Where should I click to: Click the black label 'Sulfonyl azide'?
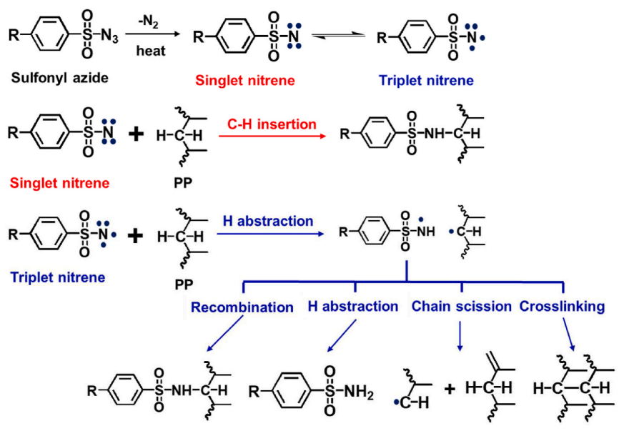coord(59,78)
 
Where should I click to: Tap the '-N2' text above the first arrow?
coord(149,21)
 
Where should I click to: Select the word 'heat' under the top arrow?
coord(151,51)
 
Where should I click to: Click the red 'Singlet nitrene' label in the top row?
coord(245,81)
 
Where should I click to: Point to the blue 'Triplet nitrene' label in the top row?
coord(426,81)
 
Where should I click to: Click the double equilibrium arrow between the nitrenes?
coord(339,36)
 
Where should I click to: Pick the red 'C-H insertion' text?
coord(272,124)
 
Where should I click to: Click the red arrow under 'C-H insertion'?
coord(272,137)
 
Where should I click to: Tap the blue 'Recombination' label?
coord(242,307)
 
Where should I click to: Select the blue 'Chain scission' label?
coord(462,307)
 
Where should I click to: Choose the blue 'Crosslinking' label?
coord(562,307)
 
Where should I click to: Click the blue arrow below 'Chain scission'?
coord(460,336)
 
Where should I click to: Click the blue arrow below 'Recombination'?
coord(224,334)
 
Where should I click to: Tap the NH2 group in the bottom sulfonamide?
coord(359,392)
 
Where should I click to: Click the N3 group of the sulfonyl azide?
coord(109,36)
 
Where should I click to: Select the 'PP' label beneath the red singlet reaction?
coord(183,183)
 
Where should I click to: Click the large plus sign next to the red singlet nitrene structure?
coord(137,134)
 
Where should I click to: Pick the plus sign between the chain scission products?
coord(450,390)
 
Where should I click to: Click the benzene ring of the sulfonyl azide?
coord(49,34)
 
